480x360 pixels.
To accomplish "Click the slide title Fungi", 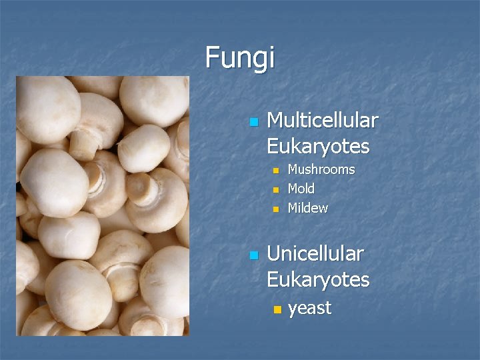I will coord(239,57).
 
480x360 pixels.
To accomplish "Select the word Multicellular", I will coord(322,121).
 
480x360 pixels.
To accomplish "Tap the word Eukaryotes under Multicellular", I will coord(318,146).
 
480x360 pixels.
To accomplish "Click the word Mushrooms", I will coord(321,169).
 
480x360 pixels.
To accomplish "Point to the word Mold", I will coord(301,189).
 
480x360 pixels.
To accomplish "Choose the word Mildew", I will coord(307,208).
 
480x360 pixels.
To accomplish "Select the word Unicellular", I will coord(315,254).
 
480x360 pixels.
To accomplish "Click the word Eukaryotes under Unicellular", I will coord(318,279).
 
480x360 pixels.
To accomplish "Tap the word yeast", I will coord(309,308).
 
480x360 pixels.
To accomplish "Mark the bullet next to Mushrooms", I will coord(277,171).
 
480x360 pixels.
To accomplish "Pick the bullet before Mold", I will coord(277,190).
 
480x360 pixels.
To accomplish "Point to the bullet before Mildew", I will coord(277,209).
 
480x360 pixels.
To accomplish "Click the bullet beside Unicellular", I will coord(253,255).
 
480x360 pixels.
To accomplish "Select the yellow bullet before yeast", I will coord(277,310).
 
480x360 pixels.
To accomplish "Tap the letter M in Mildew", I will coord(293,208).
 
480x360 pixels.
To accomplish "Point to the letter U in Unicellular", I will coord(273,254).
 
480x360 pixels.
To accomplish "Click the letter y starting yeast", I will coord(293,309).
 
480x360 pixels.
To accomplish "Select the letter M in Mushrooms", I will coord(293,169).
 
